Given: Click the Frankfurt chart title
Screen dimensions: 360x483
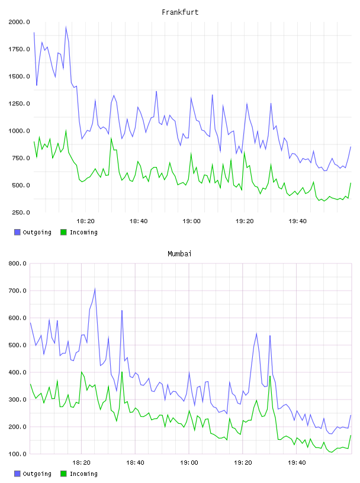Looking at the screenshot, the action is (180, 12).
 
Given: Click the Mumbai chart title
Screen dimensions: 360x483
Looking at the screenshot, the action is (179, 253).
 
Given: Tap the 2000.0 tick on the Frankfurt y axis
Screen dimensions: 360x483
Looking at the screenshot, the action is (19, 22).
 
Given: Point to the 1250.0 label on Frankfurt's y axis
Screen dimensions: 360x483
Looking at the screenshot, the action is (19, 104).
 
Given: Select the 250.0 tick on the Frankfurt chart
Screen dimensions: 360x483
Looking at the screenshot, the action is (21, 212).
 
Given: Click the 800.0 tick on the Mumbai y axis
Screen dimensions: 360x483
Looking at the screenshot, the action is (17, 263).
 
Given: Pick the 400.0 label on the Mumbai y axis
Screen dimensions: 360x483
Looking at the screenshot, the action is (17, 372).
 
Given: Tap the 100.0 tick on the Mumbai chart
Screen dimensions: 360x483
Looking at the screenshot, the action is (17, 454).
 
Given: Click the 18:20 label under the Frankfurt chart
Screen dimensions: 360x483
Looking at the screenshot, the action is (85, 221).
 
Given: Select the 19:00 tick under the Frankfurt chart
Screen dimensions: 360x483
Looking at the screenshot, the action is (191, 221).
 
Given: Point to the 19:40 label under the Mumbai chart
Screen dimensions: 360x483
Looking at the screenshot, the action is (297, 462).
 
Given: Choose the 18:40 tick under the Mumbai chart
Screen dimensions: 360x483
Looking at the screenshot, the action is (136, 462).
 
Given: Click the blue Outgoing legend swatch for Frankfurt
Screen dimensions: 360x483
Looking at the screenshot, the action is (17, 232).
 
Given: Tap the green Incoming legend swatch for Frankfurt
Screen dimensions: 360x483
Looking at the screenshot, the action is (63, 232).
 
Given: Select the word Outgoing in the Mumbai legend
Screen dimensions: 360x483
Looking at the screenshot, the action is (37, 474).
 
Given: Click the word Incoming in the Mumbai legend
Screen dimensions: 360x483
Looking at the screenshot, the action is (83, 474).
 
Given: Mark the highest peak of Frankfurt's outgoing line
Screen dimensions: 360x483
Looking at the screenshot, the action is (66, 27).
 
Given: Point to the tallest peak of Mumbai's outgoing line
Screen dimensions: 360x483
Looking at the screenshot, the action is (95, 289).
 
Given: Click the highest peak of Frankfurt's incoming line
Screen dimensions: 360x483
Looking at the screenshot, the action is (66, 130).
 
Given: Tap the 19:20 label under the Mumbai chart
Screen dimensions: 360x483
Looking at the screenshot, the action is (243, 462).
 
